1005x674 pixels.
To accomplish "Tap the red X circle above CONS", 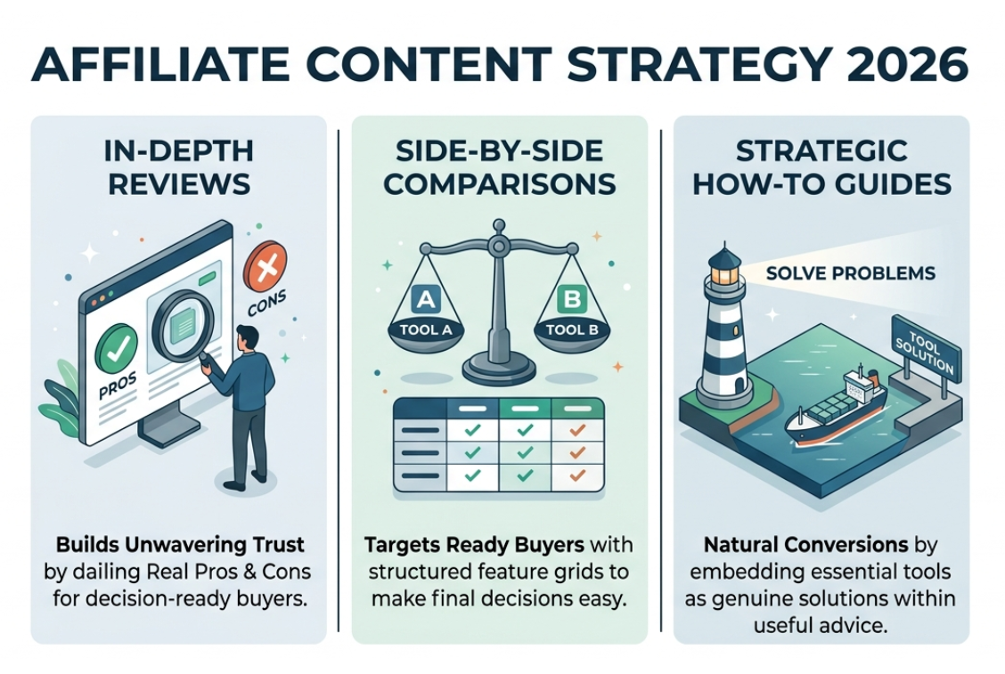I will pyautogui.click(x=266, y=264).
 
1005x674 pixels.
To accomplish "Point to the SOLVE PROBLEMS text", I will pyautogui.click(x=851, y=272).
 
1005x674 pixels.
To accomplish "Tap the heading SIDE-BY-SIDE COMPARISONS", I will pyautogui.click(x=499, y=168).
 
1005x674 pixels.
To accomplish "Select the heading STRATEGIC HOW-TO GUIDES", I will pyautogui.click(x=821, y=168).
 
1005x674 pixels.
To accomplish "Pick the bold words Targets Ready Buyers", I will pyautogui.click(x=452, y=544).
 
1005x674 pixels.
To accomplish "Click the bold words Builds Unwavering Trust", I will pyautogui.click(x=180, y=544).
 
